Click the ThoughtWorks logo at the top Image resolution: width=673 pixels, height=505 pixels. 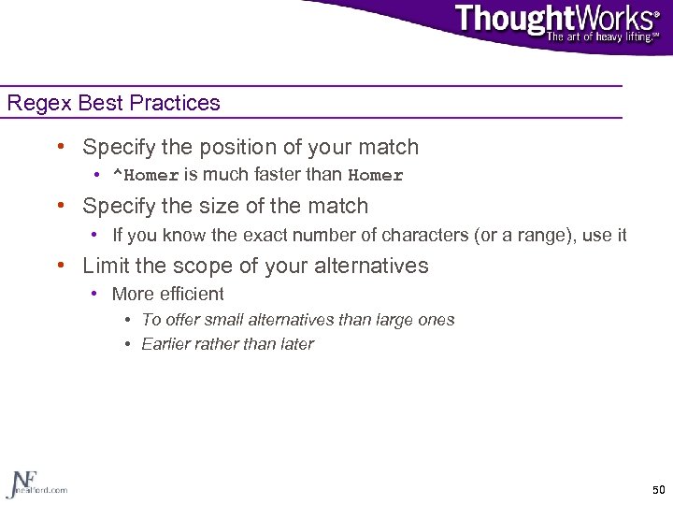pos(555,18)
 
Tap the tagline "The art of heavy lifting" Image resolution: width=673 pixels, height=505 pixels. pos(602,36)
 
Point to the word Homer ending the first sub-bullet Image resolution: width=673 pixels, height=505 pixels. pos(375,175)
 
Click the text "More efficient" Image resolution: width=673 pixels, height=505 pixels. pos(167,294)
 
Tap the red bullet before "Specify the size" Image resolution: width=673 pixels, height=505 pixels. pos(61,206)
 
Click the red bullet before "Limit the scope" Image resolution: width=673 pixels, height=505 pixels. pos(61,266)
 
